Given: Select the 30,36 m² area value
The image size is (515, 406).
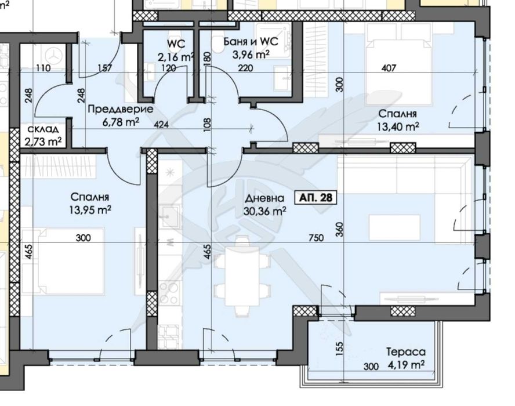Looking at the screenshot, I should coord(265,212).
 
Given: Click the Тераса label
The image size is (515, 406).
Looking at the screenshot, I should coord(404,352).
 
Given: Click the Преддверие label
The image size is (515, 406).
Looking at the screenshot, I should coord(112,109).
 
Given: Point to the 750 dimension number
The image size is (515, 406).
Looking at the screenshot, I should coord(315,237).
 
